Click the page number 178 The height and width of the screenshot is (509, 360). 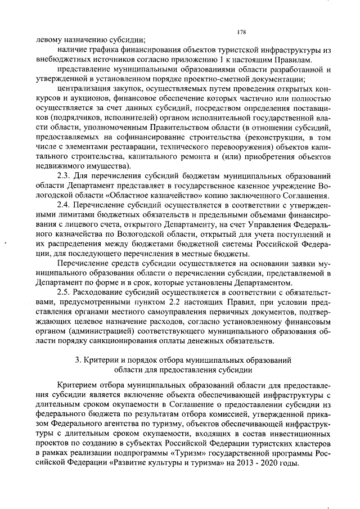(242, 31)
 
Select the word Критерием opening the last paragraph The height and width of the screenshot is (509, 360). (78, 386)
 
